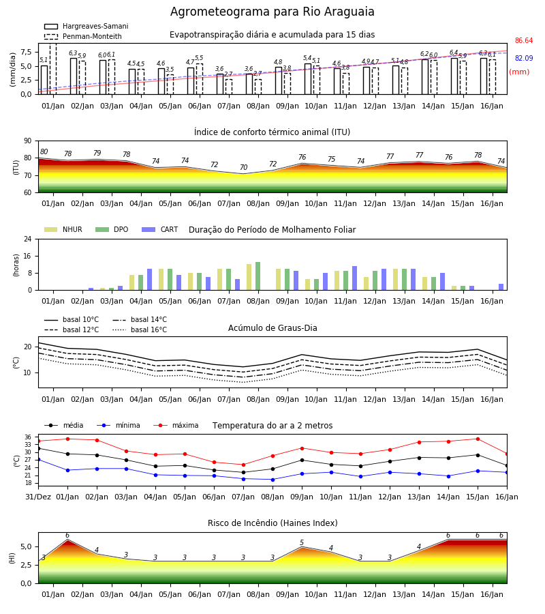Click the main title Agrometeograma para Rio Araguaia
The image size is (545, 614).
coord(272,12)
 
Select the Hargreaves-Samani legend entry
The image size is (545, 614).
coord(86,26)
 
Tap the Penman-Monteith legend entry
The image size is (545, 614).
coord(83,36)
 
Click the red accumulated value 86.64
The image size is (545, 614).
coord(524,41)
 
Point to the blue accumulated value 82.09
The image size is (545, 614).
coord(524,59)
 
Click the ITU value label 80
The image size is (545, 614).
coord(44,152)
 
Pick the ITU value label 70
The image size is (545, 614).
coord(244,168)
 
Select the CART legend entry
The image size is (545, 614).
coord(160,229)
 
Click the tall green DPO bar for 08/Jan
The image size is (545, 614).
coord(258,276)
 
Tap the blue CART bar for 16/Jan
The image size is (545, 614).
coord(501,287)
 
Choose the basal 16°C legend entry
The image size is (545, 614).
coord(140,330)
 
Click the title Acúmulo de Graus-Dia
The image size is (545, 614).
coord(272,328)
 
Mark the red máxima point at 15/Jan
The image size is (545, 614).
coord(478,439)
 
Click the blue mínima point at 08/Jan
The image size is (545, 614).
coord(273,480)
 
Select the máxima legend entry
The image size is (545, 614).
coord(176,425)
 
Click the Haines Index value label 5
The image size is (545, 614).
coord(302,543)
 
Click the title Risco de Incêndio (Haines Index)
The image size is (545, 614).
coord(272,523)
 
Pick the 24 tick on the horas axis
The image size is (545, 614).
coord(28,239)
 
